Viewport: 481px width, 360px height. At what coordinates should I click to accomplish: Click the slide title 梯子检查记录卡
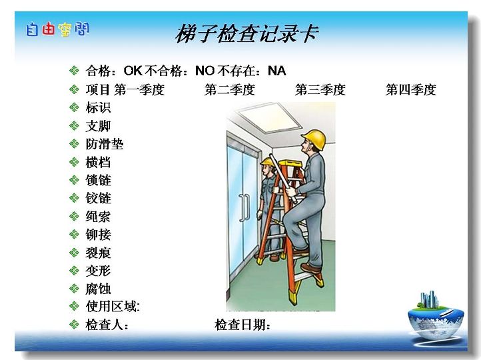click(247, 34)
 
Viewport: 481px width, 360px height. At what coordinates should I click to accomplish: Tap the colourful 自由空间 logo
click(58, 29)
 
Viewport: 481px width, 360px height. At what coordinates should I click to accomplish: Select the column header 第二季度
click(230, 89)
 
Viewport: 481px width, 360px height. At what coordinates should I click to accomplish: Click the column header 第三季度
click(320, 89)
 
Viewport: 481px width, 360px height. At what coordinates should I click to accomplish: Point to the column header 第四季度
click(411, 89)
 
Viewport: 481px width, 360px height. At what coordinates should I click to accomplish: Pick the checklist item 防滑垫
click(105, 144)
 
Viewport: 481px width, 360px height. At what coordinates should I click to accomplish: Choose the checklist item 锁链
click(98, 180)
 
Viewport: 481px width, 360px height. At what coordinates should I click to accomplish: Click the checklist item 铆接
click(98, 235)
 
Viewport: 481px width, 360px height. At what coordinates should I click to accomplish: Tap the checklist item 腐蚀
click(98, 289)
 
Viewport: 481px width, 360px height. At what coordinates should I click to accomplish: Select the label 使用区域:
click(113, 306)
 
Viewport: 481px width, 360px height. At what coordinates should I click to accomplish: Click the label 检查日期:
click(242, 325)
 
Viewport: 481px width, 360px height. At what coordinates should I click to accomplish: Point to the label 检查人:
click(107, 325)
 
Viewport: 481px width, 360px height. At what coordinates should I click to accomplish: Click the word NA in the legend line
click(276, 71)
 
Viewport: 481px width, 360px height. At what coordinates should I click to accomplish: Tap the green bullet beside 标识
click(74, 107)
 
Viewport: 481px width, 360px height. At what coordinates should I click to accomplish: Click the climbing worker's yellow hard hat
click(314, 139)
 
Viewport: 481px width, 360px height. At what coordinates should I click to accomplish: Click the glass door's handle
click(244, 208)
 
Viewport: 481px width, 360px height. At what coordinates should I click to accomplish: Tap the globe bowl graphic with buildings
click(436, 316)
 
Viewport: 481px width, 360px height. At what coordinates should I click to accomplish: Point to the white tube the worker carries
click(283, 178)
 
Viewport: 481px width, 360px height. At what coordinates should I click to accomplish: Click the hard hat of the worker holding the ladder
click(268, 163)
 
